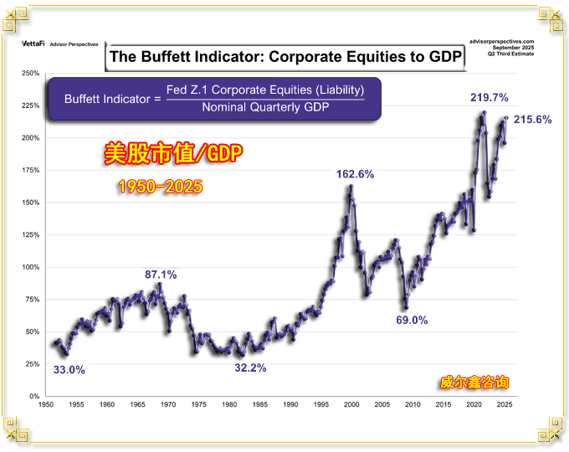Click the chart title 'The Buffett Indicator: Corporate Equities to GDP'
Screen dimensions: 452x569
point(284,58)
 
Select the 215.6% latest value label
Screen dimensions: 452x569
point(532,120)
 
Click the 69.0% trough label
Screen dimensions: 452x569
point(412,320)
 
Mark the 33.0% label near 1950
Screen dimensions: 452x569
point(69,369)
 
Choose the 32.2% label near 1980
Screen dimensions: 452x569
point(250,367)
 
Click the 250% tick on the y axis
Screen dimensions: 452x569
point(30,73)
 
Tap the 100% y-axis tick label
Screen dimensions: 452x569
point(30,267)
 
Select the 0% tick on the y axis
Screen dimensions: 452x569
point(33,396)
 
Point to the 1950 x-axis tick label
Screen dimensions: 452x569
point(45,404)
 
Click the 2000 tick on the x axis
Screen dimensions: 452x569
point(351,404)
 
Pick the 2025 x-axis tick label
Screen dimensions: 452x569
point(504,404)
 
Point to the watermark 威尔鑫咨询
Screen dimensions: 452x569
point(474,383)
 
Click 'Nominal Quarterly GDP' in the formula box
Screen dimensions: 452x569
point(265,107)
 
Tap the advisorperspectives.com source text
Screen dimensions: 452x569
point(502,40)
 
